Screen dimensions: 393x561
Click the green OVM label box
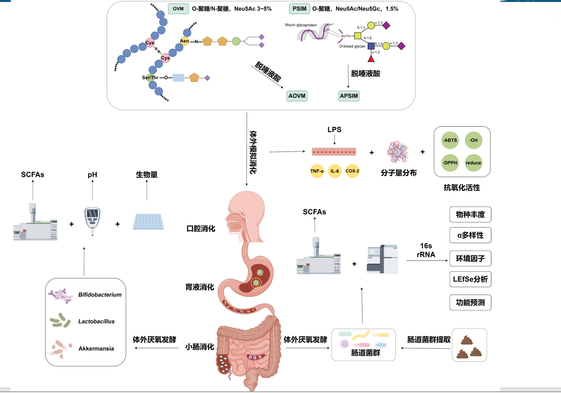[x=178, y=9]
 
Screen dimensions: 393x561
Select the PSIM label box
[x=299, y=9]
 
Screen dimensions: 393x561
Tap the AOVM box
[x=297, y=96]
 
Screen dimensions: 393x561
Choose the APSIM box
[x=349, y=96]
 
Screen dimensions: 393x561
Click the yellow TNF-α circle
[x=317, y=171]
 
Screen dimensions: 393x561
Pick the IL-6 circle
[x=335, y=171]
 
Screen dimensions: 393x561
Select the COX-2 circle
[x=352, y=171]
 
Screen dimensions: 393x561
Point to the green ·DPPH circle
[x=450, y=163]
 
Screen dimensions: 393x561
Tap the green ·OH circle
[x=473, y=140]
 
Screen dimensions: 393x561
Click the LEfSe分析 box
[x=470, y=279]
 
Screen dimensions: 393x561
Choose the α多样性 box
[x=470, y=235]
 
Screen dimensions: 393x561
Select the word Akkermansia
[x=96, y=349]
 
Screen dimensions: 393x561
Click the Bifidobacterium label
[x=100, y=295]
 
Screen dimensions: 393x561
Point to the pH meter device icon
[x=92, y=220]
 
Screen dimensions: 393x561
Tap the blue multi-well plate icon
[x=148, y=222]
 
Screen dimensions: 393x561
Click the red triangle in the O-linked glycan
[x=371, y=59]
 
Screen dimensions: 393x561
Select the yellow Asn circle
[x=184, y=41]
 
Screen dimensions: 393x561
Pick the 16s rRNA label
[x=426, y=250]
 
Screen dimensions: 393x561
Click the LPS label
[x=334, y=130]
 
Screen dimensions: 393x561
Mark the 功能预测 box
[x=470, y=302]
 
